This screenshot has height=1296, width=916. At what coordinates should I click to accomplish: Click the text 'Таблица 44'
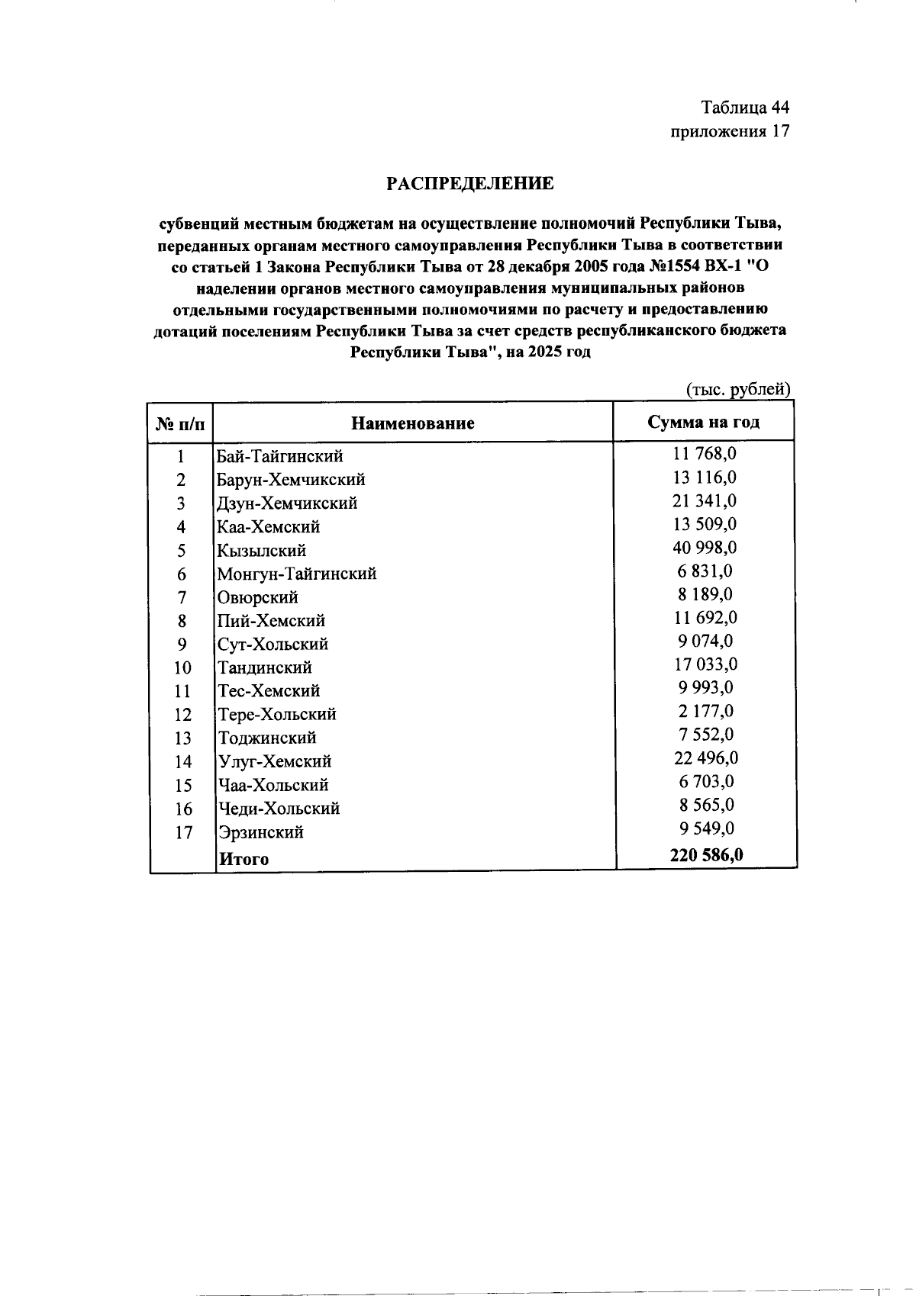(745, 107)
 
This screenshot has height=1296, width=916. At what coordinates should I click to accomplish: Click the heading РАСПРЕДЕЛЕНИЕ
(469, 184)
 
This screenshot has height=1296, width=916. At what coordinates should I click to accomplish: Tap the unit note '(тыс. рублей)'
(738, 390)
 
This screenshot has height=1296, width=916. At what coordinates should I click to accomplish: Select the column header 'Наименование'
(412, 423)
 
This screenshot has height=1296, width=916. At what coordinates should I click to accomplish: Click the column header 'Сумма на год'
(703, 423)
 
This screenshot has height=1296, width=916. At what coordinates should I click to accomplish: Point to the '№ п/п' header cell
(181, 424)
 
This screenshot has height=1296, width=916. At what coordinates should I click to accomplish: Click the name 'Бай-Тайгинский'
(280, 456)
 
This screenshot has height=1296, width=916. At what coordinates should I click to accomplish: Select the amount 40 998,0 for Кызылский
(705, 548)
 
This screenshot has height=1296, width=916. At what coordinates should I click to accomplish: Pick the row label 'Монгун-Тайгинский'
(297, 574)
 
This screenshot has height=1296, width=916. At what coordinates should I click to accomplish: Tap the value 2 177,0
(705, 711)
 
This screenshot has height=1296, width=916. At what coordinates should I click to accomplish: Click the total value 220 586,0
(706, 855)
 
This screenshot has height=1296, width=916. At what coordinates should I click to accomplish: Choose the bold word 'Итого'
(244, 859)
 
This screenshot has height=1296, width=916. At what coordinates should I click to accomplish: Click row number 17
(183, 832)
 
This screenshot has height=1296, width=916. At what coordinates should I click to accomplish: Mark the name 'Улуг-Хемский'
(275, 761)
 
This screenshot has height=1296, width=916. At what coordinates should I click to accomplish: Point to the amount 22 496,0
(705, 758)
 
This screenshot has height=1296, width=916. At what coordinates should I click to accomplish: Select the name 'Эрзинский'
(261, 832)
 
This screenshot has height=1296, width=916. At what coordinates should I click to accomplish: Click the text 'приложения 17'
(729, 131)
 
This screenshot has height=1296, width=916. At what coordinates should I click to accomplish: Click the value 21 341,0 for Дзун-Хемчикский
(705, 500)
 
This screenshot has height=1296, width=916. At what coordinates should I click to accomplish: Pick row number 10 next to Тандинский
(182, 668)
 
